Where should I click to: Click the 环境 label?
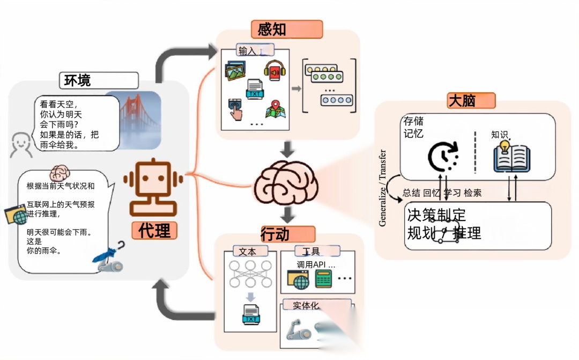(x=78, y=80)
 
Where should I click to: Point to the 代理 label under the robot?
(x=155, y=231)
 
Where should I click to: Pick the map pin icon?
(x=275, y=109)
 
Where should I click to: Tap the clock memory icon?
(x=443, y=156)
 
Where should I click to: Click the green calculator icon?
(x=323, y=279)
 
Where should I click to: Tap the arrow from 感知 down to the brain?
(x=288, y=149)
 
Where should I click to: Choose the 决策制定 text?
(x=436, y=216)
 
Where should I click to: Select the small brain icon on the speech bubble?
(x=60, y=172)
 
